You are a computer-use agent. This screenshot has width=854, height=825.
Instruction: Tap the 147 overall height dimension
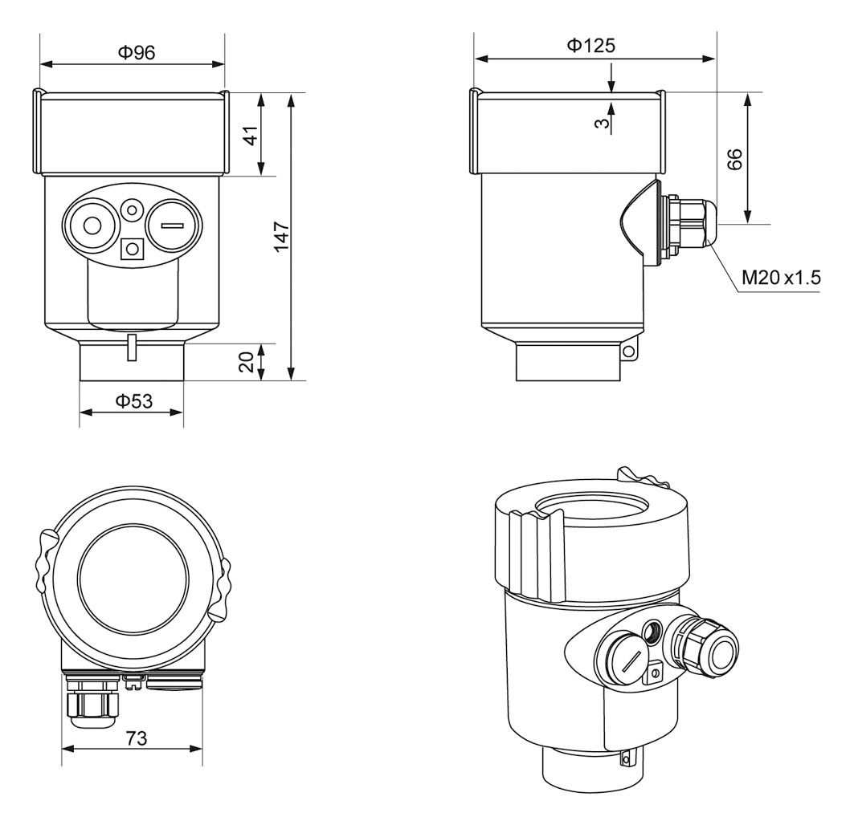280,238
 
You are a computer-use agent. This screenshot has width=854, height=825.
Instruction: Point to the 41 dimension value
251,135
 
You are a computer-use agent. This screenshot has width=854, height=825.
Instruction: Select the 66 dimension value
733,158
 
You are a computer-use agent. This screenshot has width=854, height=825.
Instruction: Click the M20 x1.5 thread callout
781,278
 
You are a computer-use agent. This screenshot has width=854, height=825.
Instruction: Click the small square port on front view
130,250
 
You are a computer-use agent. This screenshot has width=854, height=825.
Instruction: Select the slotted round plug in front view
171,226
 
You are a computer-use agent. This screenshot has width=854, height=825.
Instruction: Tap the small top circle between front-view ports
130,210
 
